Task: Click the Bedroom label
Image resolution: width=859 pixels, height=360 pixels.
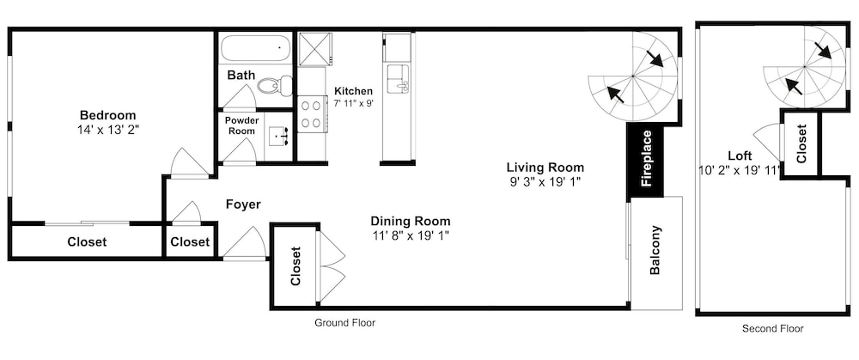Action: [x=108, y=116]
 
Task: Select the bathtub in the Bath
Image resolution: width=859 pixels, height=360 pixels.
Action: [x=256, y=49]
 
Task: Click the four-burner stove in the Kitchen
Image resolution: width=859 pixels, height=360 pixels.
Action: [x=313, y=113]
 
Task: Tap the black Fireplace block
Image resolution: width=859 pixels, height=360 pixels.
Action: [x=645, y=160]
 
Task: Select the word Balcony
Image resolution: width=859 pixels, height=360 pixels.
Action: [x=655, y=250]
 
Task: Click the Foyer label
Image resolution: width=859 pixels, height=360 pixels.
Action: [x=243, y=205]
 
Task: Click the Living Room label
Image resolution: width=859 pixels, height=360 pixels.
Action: [x=545, y=168]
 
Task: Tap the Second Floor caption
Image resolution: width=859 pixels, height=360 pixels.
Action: [x=772, y=329]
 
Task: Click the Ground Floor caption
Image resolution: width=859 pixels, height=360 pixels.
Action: [x=344, y=323]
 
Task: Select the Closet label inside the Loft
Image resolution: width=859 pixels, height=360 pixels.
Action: [x=801, y=143]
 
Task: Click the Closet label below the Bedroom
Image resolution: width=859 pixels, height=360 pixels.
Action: [x=87, y=241]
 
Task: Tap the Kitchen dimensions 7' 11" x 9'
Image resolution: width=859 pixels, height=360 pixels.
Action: [x=353, y=102]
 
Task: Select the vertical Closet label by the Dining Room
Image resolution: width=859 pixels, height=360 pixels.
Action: [x=295, y=267]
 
